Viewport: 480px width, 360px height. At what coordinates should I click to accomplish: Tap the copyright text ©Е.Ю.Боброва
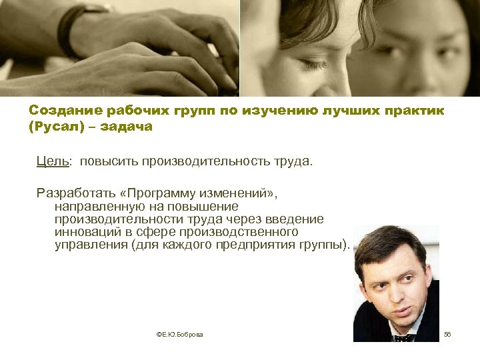pos(179,333)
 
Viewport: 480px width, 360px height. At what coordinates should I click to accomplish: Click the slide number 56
pos(447,333)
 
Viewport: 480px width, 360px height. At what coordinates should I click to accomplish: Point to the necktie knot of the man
pos(402,337)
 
